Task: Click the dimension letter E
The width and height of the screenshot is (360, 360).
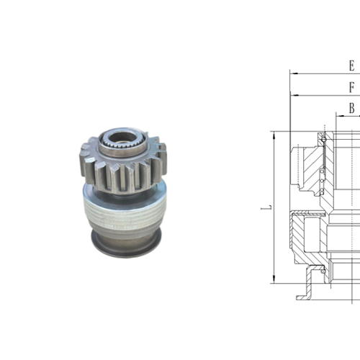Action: (351, 66)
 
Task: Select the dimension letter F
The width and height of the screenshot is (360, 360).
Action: (351, 88)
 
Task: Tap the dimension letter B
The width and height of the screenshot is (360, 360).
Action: (351, 108)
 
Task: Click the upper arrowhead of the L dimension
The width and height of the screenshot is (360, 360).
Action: (274, 135)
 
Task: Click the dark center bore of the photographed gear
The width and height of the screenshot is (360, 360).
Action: (118, 136)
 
